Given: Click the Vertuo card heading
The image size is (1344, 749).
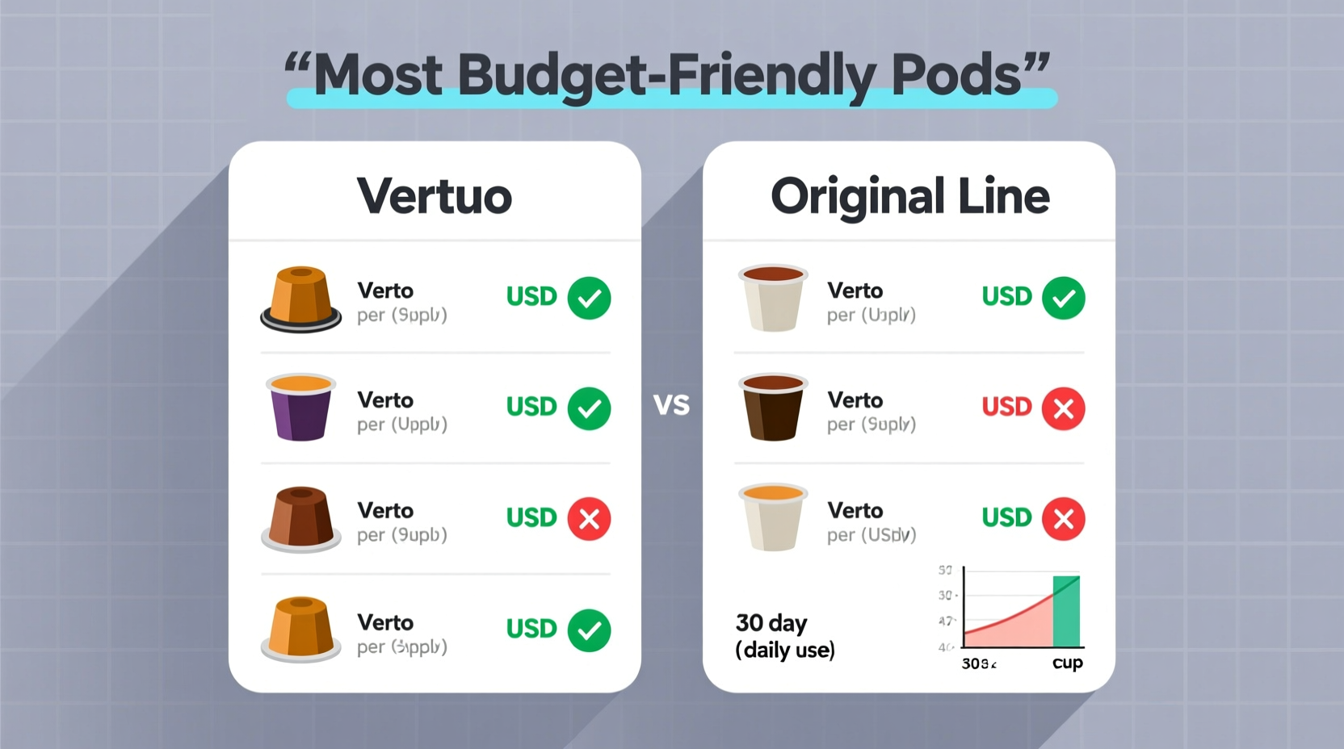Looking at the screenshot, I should [435, 196].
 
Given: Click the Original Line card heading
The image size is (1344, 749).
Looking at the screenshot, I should [909, 196].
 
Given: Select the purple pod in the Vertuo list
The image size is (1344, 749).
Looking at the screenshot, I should [300, 408].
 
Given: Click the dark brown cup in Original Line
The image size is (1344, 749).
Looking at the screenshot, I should [773, 408].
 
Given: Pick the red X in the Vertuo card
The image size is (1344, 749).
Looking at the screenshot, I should [589, 518].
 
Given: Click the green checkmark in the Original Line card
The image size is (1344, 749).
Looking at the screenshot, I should [1063, 298].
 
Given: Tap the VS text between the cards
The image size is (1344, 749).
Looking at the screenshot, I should [671, 404].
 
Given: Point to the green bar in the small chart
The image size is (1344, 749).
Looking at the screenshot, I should [1066, 612].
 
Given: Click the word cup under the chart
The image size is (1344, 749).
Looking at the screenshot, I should [1067, 663].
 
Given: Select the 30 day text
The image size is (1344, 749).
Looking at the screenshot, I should [771, 623].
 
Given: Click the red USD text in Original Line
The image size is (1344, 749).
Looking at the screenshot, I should [1006, 407].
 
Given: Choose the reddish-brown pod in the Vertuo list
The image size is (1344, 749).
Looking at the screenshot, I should [300, 518].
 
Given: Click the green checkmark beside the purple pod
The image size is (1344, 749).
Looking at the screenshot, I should [589, 408].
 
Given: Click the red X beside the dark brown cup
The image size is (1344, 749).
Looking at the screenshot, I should [1063, 408].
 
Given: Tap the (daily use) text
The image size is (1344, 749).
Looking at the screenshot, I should [785, 650].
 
